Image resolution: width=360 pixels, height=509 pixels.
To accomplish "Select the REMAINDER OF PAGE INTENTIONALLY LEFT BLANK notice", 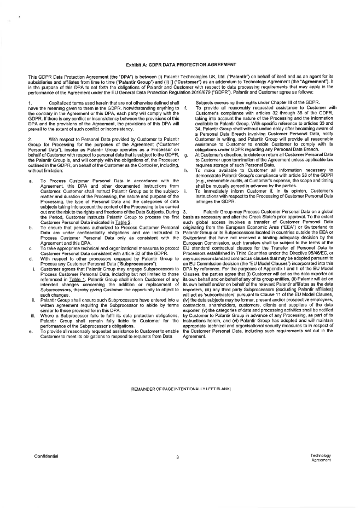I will [180, 389].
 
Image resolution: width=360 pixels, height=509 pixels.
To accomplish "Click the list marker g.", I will [187, 139].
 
